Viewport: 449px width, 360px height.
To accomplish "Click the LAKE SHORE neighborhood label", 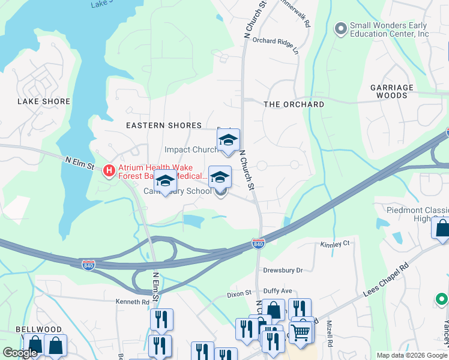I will click(44, 101).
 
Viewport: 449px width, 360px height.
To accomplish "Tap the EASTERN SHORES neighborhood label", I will click(163, 125).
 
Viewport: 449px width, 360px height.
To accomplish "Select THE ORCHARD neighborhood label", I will click(294, 104).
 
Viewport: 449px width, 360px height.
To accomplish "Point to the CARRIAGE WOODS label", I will click(392, 91).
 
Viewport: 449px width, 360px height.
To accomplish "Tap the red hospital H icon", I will click(109, 171).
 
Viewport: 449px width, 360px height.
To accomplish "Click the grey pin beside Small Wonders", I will click(341, 29).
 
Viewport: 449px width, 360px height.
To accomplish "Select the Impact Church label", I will click(191, 149).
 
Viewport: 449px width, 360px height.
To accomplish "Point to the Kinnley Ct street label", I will click(335, 244).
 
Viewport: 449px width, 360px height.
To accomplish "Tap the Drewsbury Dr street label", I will click(283, 271).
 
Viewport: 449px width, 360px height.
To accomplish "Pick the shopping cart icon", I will click(301, 331).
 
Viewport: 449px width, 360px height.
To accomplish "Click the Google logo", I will click(20, 353).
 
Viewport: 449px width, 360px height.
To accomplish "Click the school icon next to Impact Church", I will click(228, 140).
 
